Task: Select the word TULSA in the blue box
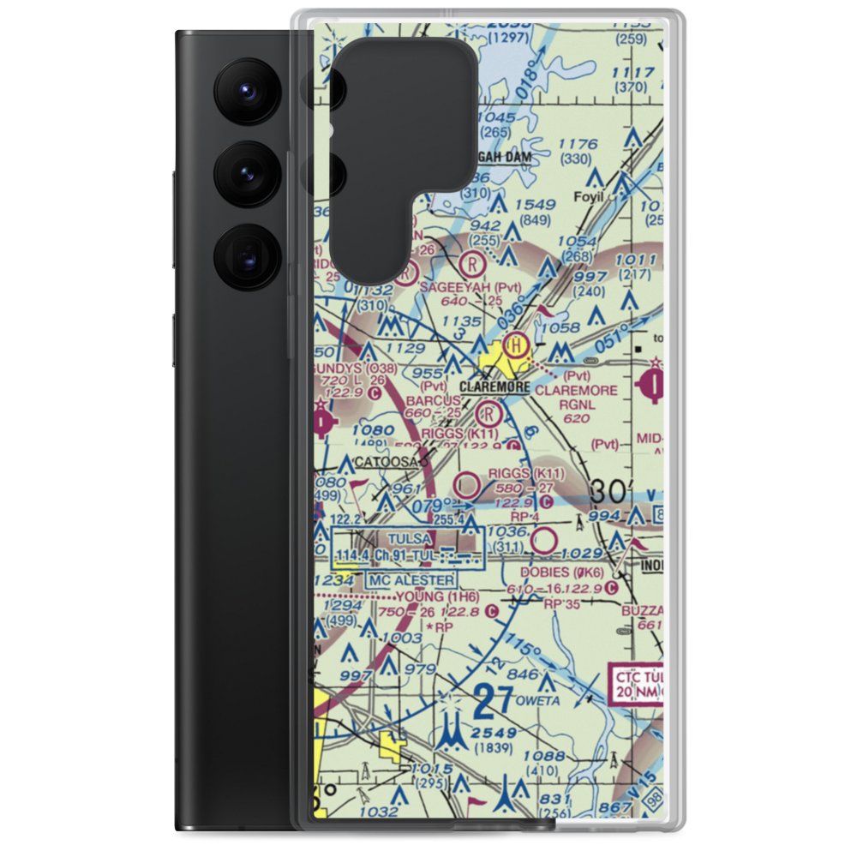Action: [x=408, y=539]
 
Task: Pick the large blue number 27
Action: [x=484, y=704]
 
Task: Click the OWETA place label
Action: [x=538, y=700]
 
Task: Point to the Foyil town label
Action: [x=589, y=196]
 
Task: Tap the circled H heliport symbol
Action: [x=515, y=346]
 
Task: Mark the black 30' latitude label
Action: [x=610, y=491]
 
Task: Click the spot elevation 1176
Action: [x=576, y=145]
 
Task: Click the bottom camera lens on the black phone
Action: [x=246, y=255]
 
